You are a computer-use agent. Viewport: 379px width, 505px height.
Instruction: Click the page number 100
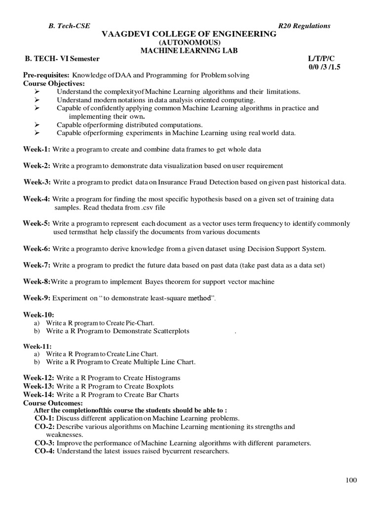[x=351, y=480]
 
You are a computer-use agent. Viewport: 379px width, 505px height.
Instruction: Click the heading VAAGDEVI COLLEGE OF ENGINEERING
[x=189, y=34]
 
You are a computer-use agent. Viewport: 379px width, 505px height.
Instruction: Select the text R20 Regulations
[x=304, y=26]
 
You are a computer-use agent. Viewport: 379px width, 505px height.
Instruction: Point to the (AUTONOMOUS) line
[x=189, y=42]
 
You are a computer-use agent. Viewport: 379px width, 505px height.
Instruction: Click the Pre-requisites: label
[x=47, y=75]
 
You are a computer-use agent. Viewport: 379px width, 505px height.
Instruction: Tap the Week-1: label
[x=37, y=148]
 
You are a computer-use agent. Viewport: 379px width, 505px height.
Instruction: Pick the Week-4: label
[x=37, y=199]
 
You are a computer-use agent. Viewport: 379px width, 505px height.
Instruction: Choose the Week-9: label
[x=37, y=298]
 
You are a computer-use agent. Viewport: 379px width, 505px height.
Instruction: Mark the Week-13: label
[x=38, y=386]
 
